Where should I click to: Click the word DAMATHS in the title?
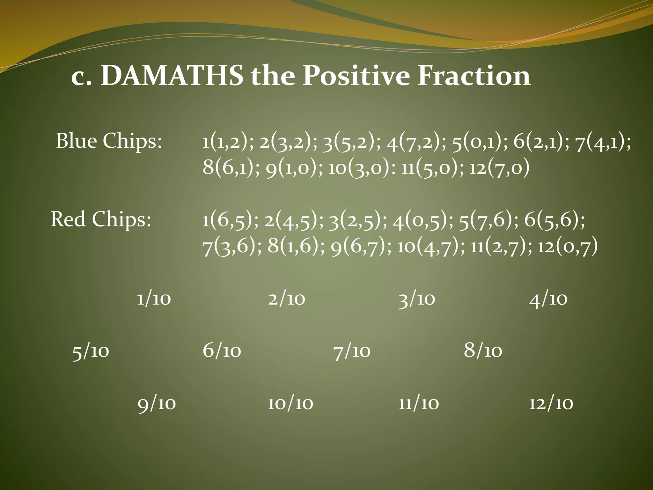pyautogui.click(x=172, y=76)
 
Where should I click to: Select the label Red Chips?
pyautogui.click(x=101, y=219)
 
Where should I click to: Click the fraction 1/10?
pyautogui.click(x=154, y=299)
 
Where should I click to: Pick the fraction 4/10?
pyautogui.click(x=548, y=299)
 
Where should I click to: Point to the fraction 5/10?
pyautogui.click(x=91, y=351)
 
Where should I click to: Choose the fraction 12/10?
pyautogui.click(x=551, y=404)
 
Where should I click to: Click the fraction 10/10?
pyautogui.click(x=290, y=404)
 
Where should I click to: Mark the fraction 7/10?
pyautogui.click(x=352, y=351)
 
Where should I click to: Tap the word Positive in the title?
pyautogui.click(x=356, y=76)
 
